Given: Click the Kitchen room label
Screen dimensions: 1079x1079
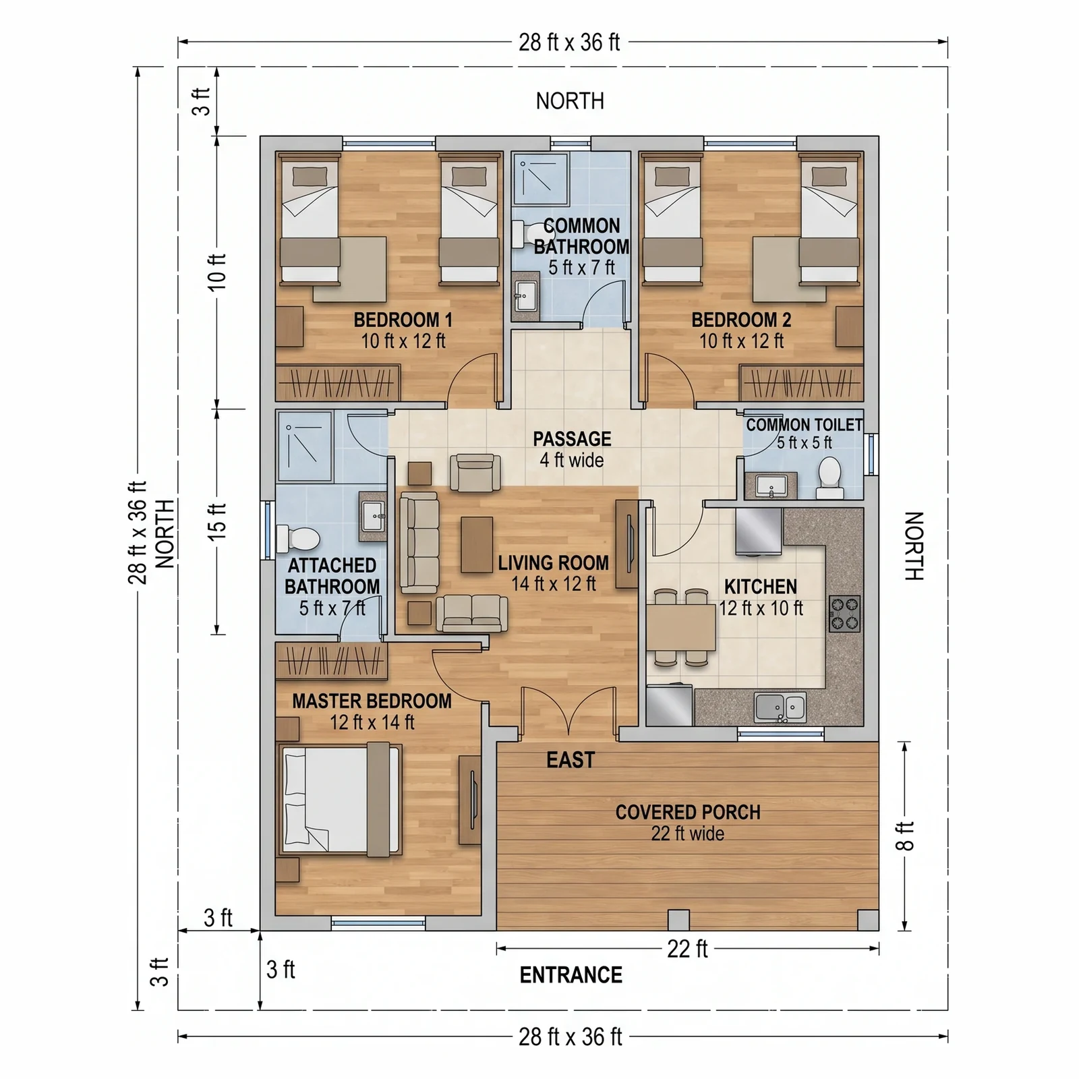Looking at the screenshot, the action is pyautogui.click(x=761, y=597).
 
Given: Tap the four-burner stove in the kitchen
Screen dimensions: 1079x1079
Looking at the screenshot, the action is pyautogui.click(x=844, y=614).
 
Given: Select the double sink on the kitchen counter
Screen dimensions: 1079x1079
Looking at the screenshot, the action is pyautogui.click(x=780, y=707).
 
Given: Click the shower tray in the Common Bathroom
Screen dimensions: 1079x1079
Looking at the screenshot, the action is pyautogui.click(x=541, y=179).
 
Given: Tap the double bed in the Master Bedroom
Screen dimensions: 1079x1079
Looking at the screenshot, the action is pyautogui.click(x=339, y=800).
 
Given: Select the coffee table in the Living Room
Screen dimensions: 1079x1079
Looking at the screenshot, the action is pyautogui.click(x=477, y=544).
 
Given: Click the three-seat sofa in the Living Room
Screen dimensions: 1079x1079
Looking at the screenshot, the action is pyautogui.click(x=419, y=543).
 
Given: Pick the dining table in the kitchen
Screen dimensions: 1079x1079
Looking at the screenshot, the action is pyautogui.click(x=681, y=627).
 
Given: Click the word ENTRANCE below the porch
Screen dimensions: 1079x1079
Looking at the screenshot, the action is pyautogui.click(x=571, y=975).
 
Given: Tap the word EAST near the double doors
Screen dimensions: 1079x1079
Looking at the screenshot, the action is pyautogui.click(x=571, y=760).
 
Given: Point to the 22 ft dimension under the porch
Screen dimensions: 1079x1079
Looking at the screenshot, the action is pyautogui.click(x=687, y=950).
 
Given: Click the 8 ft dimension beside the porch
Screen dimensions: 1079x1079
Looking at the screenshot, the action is pyautogui.click(x=904, y=836).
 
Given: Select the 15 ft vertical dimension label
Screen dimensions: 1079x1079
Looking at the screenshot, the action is pyautogui.click(x=217, y=521).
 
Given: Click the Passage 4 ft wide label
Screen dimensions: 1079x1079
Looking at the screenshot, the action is pyautogui.click(x=572, y=450).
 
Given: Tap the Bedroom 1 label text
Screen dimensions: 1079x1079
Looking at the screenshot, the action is pyautogui.click(x=403, y=330).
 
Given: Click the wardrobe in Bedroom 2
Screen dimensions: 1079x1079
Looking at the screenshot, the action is pyautogui.click(x=801, y=383).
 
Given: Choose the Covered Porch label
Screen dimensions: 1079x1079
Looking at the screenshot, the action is pyautogui.click(x=688, y=823).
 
